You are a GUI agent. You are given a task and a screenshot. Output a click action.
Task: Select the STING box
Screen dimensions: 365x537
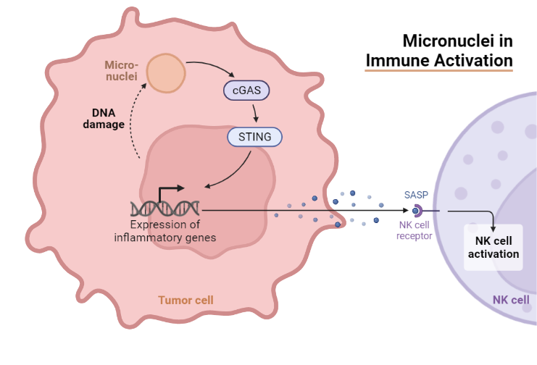(x=254, y=136)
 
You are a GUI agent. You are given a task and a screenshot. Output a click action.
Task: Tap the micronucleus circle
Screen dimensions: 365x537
(x=166, y=72)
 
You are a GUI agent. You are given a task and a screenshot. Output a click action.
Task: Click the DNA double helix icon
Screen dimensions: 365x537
(x=165, y=209)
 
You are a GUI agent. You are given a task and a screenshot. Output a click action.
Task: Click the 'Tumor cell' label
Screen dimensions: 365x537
(x=186, y=300)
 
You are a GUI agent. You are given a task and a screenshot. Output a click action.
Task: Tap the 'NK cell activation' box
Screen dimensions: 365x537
(x=493, y=247)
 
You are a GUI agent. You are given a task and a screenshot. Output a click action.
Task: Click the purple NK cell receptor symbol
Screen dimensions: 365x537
(x=417, y=211)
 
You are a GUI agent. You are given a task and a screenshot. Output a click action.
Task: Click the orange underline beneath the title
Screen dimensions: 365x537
(x=439, y=70)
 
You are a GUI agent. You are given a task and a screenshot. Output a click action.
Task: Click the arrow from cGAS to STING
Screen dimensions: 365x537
(x=254, y=113)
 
